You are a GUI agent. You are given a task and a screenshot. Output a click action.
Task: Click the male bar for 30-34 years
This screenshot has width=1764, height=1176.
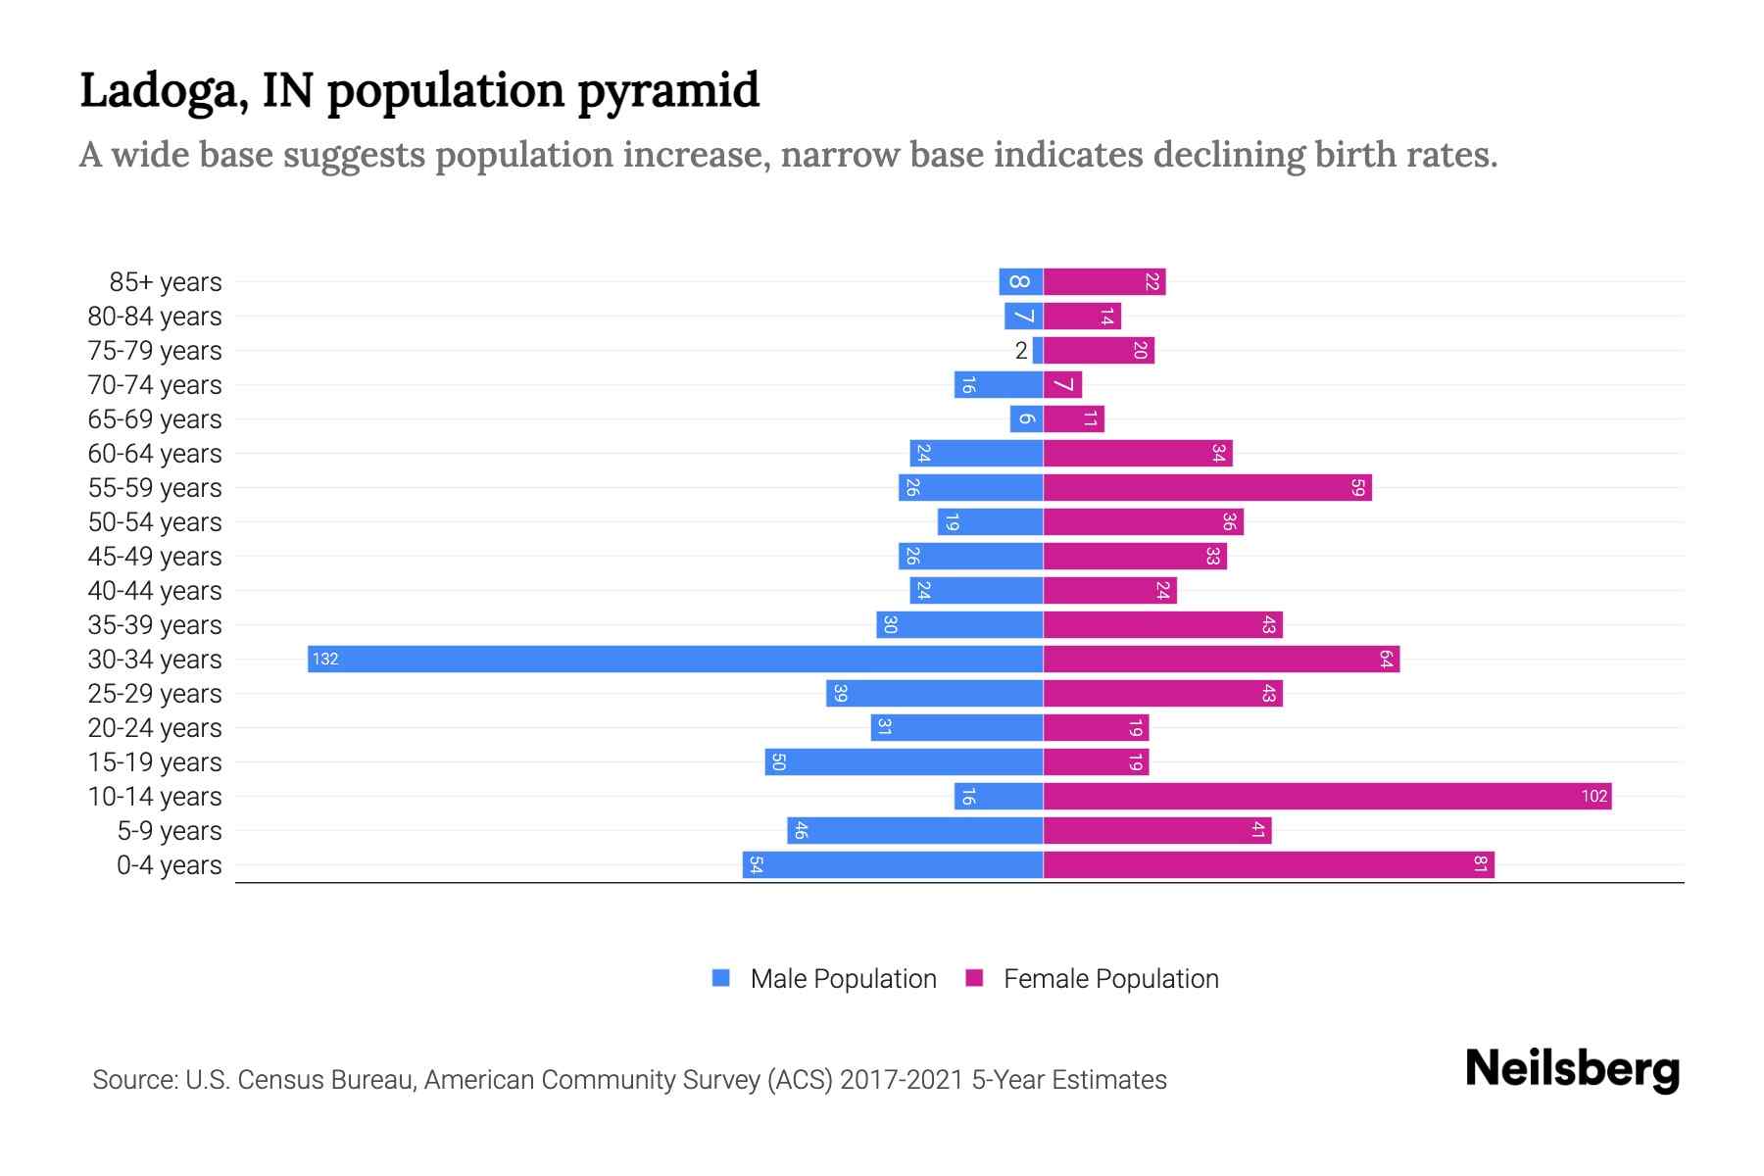[676, 659]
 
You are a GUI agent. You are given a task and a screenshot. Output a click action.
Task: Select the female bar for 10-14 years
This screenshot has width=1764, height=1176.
[1327, 796]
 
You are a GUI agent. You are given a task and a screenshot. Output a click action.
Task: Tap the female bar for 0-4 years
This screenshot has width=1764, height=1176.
[1268, 864]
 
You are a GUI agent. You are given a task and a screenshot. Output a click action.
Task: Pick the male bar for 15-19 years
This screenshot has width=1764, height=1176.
[904, 761]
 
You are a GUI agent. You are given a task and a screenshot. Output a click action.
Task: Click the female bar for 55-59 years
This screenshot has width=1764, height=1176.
[1207, 487]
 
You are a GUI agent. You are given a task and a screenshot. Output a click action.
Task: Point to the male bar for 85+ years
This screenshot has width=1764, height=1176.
[1020, 281]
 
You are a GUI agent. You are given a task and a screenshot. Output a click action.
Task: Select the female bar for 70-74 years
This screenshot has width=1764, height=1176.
[1062, 384]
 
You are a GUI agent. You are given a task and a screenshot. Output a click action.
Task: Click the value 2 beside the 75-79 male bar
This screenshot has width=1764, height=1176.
[1021, 351]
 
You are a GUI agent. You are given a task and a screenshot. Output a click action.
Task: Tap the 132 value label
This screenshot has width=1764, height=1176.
[325, 659]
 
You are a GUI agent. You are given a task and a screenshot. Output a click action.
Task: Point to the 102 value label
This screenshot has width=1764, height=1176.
[1593, 796]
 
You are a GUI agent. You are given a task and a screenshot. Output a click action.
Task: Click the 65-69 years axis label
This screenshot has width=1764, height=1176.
[155, 419]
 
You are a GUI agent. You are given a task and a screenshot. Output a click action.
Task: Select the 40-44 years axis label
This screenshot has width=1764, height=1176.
[155, 591]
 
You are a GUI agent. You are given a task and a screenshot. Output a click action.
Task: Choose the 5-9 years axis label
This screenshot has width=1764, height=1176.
[170, 831]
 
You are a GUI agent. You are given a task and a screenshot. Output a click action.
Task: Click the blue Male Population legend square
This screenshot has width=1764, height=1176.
[721, 978]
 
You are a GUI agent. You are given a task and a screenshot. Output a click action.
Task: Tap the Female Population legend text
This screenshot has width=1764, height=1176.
[1110, 978]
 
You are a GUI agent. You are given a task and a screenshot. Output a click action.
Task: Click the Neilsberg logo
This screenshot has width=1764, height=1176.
[1572, 1069]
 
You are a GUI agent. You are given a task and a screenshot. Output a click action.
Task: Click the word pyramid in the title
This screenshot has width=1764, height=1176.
[667, 91]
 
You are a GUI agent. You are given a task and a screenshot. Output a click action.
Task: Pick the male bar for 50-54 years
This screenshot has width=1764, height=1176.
[990, 521]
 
